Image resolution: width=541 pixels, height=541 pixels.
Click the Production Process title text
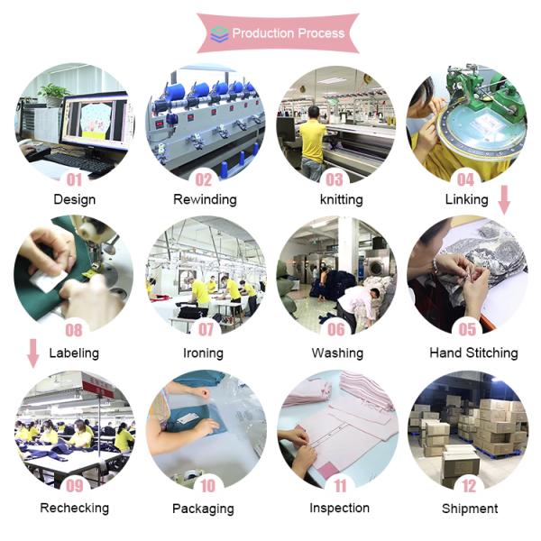(x=289, y=33)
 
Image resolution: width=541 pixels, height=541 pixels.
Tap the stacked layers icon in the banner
(x=219, y=34)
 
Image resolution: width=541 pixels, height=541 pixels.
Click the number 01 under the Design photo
(x=74, y=179)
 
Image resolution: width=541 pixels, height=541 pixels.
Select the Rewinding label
(x=205, y=199)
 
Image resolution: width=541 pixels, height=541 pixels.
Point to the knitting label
(x=341, y=199)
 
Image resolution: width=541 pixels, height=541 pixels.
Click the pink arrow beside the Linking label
(x=504, y=200)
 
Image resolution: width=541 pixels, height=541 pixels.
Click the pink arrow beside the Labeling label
(x=33, y=353)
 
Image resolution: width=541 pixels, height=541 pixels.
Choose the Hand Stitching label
(x=473, y=353)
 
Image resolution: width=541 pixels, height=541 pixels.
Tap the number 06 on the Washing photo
(x=336, y=329)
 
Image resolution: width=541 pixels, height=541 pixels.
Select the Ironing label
(x=203, y=353)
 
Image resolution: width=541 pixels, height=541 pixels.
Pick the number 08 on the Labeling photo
(x=74, y=330)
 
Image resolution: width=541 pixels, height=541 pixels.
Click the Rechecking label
(x=75, y=508)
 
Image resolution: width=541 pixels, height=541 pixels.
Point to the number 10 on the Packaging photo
(x=207, y=486)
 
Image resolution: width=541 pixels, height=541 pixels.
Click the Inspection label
(x=340, y=508)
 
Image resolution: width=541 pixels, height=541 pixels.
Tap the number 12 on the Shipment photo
(x=469, y=486)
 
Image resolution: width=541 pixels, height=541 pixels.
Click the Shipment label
(x=470, y=509)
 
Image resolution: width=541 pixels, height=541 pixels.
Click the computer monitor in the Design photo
(x=96, y=120)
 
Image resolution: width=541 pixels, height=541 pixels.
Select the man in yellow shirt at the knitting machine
(x=313, y=143)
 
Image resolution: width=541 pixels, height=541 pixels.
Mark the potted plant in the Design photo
(x=54, y=94)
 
